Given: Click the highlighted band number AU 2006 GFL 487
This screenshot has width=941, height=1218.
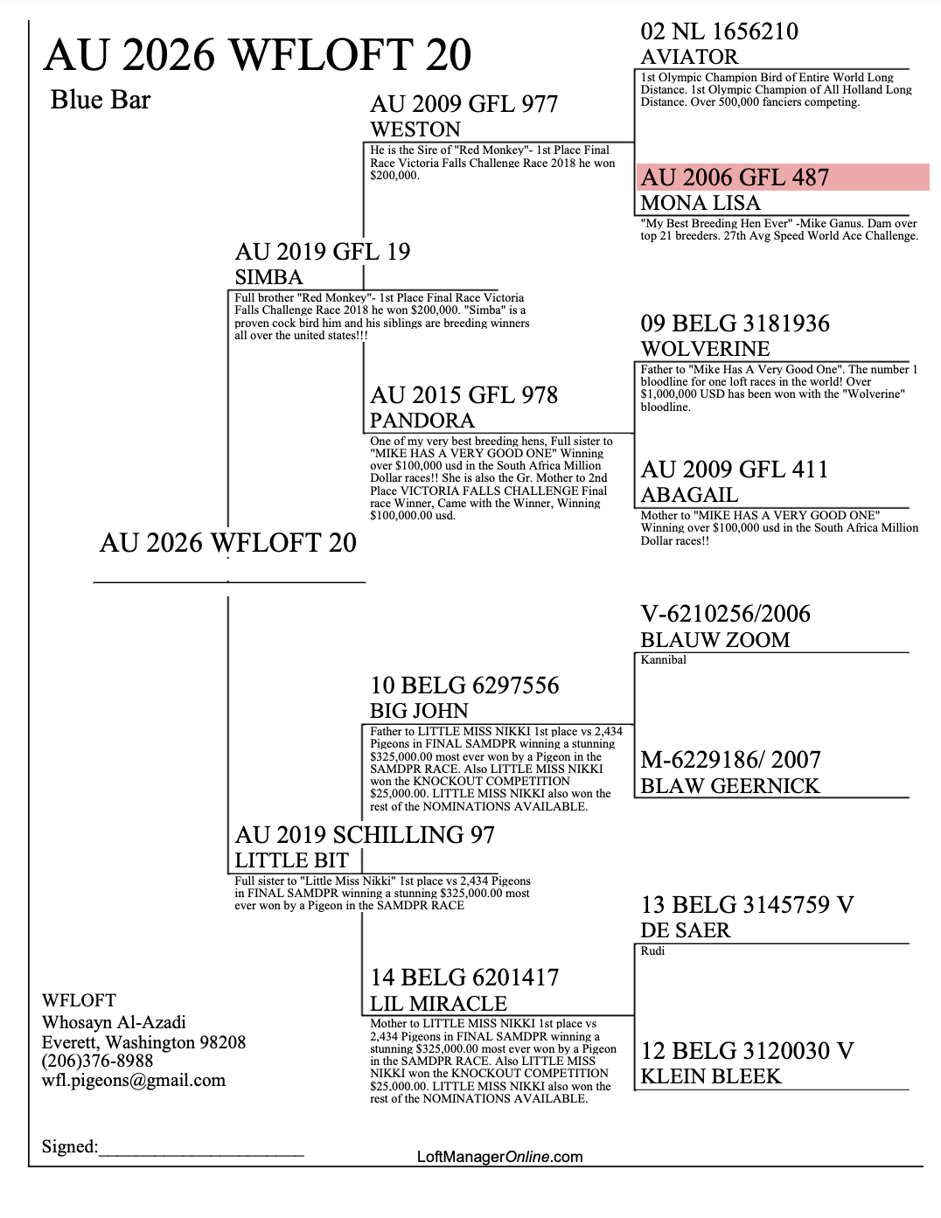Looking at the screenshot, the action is point(735,177).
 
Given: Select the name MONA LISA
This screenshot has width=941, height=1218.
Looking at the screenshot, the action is point(701,202).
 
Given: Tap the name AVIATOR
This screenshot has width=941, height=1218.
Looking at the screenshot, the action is point(689,57).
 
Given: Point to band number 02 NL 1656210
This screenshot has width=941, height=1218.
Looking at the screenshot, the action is point(719,31).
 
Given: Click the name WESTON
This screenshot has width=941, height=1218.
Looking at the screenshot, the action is point(415,129).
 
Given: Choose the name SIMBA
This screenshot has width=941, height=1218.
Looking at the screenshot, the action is point(268,277).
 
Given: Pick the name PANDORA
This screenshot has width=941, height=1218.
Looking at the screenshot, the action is point(422,421).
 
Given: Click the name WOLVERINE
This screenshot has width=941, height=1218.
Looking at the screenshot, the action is point(705,349).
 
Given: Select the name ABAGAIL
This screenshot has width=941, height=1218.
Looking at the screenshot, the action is point(689,495).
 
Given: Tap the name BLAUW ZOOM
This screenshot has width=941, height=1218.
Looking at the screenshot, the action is point(715,639).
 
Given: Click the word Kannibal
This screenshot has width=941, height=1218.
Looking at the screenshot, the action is point(663,660).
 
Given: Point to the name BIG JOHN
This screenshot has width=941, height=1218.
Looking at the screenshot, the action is point(419,711).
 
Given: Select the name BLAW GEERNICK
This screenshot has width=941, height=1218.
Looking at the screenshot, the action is point(729,786).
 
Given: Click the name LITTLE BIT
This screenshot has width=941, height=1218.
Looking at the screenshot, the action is point(291,860).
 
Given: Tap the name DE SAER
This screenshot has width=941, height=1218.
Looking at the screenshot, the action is point(686,930).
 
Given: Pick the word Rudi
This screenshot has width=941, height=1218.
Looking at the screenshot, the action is point(652,950).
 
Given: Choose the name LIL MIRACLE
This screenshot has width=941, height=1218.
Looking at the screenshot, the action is point(438,1003).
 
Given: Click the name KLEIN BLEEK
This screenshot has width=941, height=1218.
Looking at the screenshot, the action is point(711,1076).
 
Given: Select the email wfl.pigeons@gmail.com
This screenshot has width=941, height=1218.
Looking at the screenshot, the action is point(134,1081).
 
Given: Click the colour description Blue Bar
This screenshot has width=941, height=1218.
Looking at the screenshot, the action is point(101,100).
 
